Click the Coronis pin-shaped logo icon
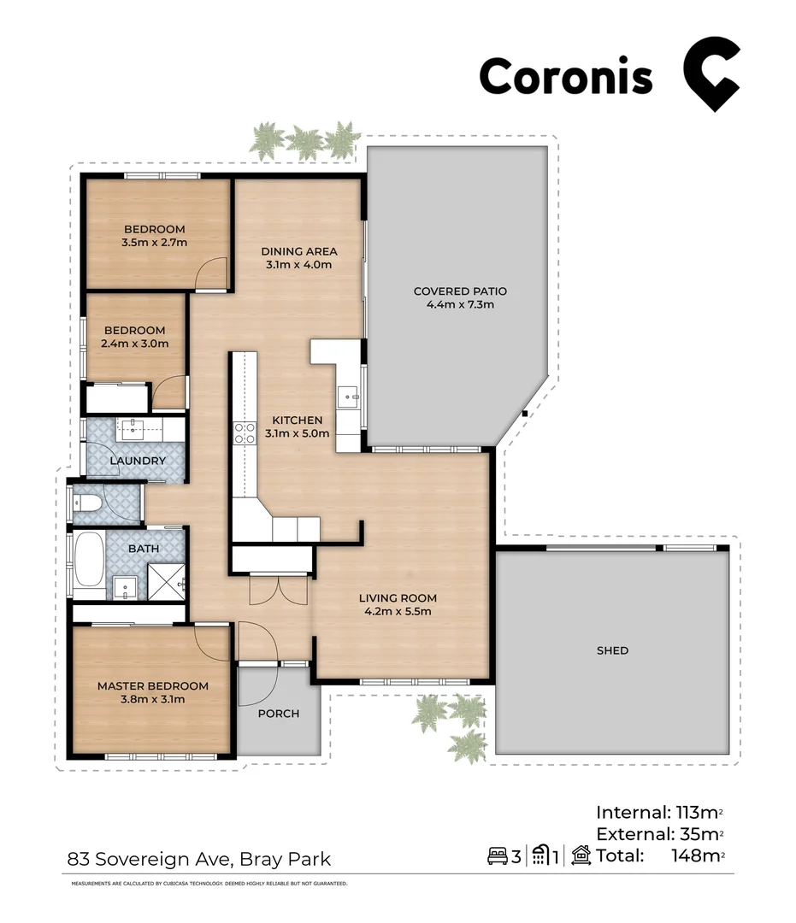[710, 74]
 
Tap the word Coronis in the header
[565, 77]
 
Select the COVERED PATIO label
[454, 291]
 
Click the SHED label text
[612, 650]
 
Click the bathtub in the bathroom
[88, 564]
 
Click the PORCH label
[279, 713]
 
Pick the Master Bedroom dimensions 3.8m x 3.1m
[152, 699]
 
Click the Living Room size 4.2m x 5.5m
[398, 611]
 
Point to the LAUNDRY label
[137, 461]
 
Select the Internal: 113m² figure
[660, 812]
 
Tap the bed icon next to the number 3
[498, 855]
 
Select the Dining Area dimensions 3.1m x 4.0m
[298, 265]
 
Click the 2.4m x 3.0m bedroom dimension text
[134, 344]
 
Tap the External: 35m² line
[660, 833]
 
